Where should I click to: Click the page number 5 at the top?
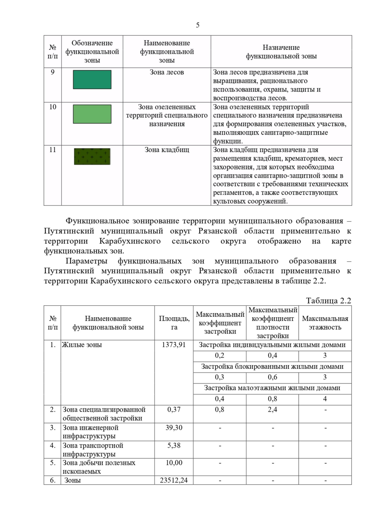coord(197,25)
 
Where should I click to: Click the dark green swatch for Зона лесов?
coord(92,80)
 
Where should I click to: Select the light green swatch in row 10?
coord(92,114)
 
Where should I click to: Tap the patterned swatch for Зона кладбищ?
coord(92,156)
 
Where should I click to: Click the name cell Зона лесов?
coord(167,72)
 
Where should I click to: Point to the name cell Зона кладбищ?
coord(167,150)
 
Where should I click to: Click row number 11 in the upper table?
coord(53,150)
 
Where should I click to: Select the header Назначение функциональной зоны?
coord(281,52)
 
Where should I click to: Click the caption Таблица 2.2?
coord(328,301)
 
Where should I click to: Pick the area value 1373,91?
coord(174,345)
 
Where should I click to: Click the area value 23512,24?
coord(174,480)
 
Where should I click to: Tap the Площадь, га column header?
coord(174,323)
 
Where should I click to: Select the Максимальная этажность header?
coord(325,323)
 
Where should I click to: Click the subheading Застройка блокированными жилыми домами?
coord(272,366)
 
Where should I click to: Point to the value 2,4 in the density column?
coord(272,409)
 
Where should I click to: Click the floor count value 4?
coord(325,399)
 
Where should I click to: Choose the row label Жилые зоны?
coord(82,345)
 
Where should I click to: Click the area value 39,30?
coord(174,428)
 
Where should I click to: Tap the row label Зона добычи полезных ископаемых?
coord(99,467)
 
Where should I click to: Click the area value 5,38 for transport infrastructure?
coord(174,445)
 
